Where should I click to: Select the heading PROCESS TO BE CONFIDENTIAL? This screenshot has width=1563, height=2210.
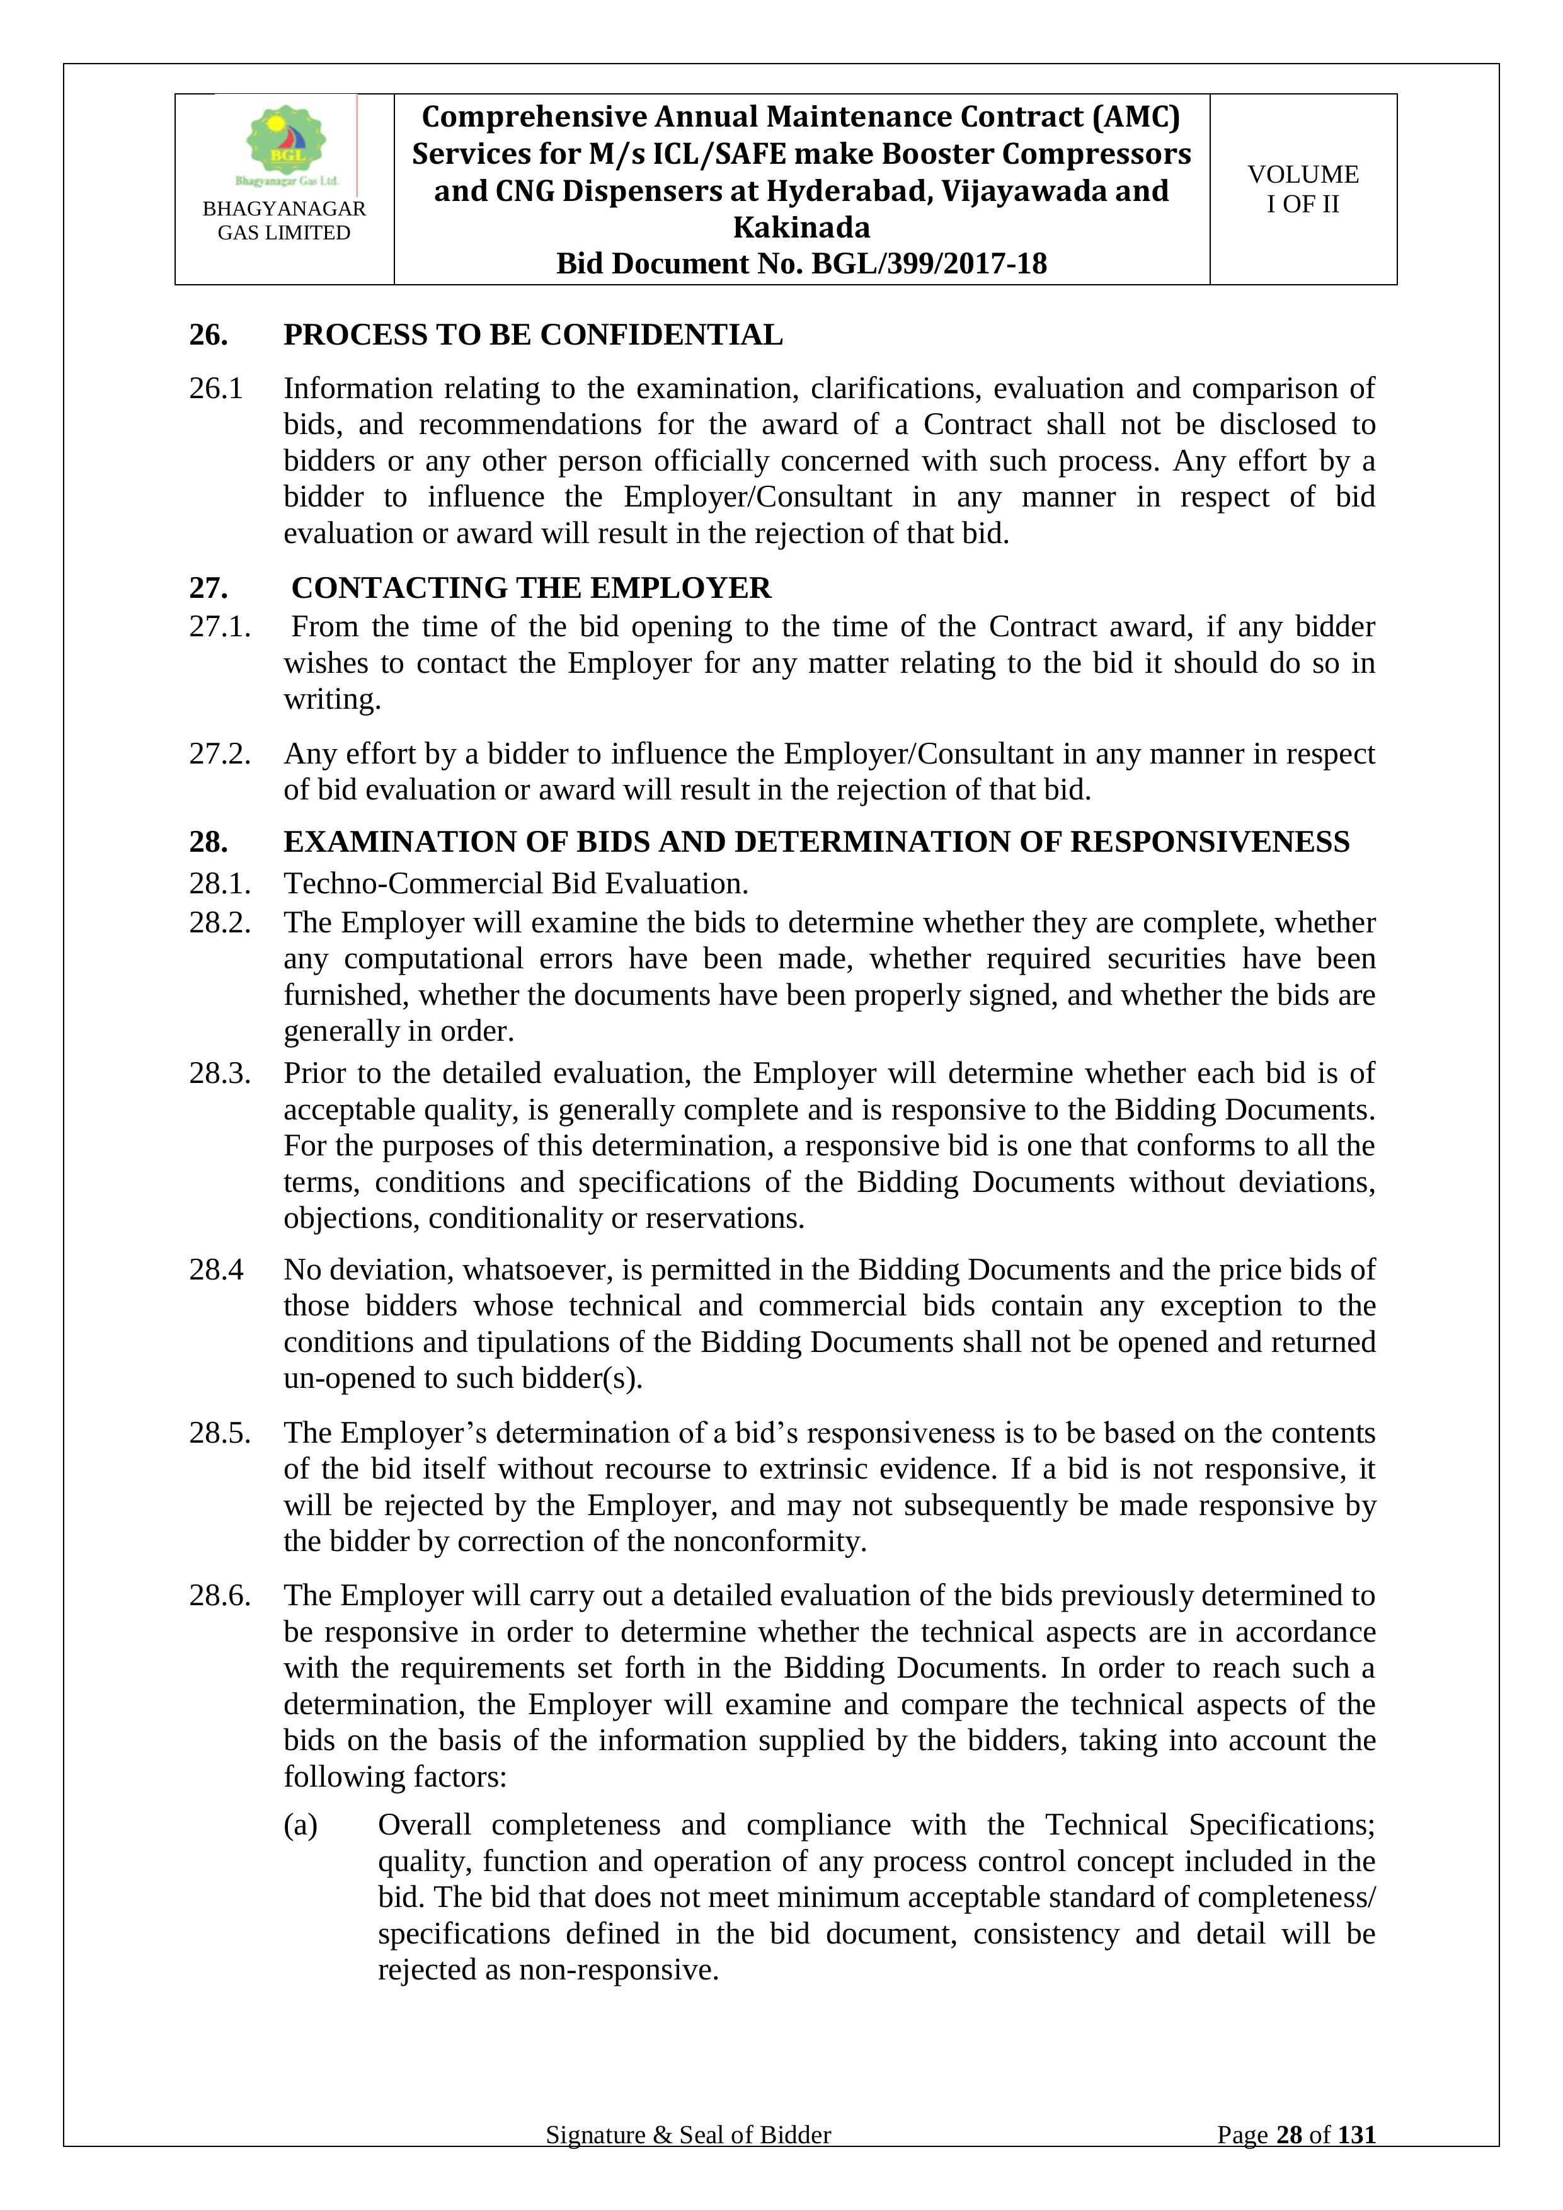coord(532,335)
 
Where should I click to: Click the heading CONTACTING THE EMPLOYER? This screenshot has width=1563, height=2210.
coord(531,588)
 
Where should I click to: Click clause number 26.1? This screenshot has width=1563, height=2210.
coord(215,389)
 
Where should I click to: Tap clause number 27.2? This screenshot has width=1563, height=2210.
coord(219,753)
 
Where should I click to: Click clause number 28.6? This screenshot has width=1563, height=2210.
coord(219,1596)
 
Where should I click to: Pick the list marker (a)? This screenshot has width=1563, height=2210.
coord(301,1825)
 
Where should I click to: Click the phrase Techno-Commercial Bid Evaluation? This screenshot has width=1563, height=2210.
coord(516,884)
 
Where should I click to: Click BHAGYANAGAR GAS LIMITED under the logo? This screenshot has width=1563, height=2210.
coord(284,220)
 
